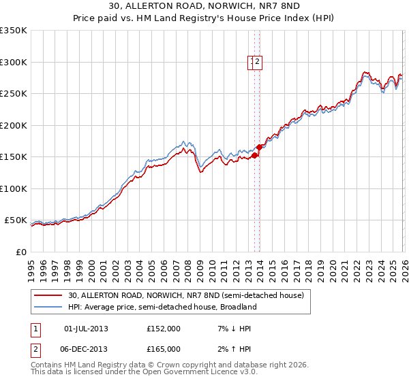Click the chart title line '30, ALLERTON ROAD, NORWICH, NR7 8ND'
pyautogui.click(x=204, y=7)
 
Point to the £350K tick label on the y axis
pyautogui.click(x=14, y=31)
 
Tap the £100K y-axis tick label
pyautogui.click(x=14, y=188)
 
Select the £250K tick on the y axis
pyautogui.click(x=14, y=94)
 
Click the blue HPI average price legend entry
pyautogui.click(x=162, y=307)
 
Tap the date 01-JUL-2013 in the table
pyautogui.click(x=86, y=329)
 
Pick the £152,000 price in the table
pyautogui.click(x=164, y=329)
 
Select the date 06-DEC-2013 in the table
pyautogui.click(x=86, y=349)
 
